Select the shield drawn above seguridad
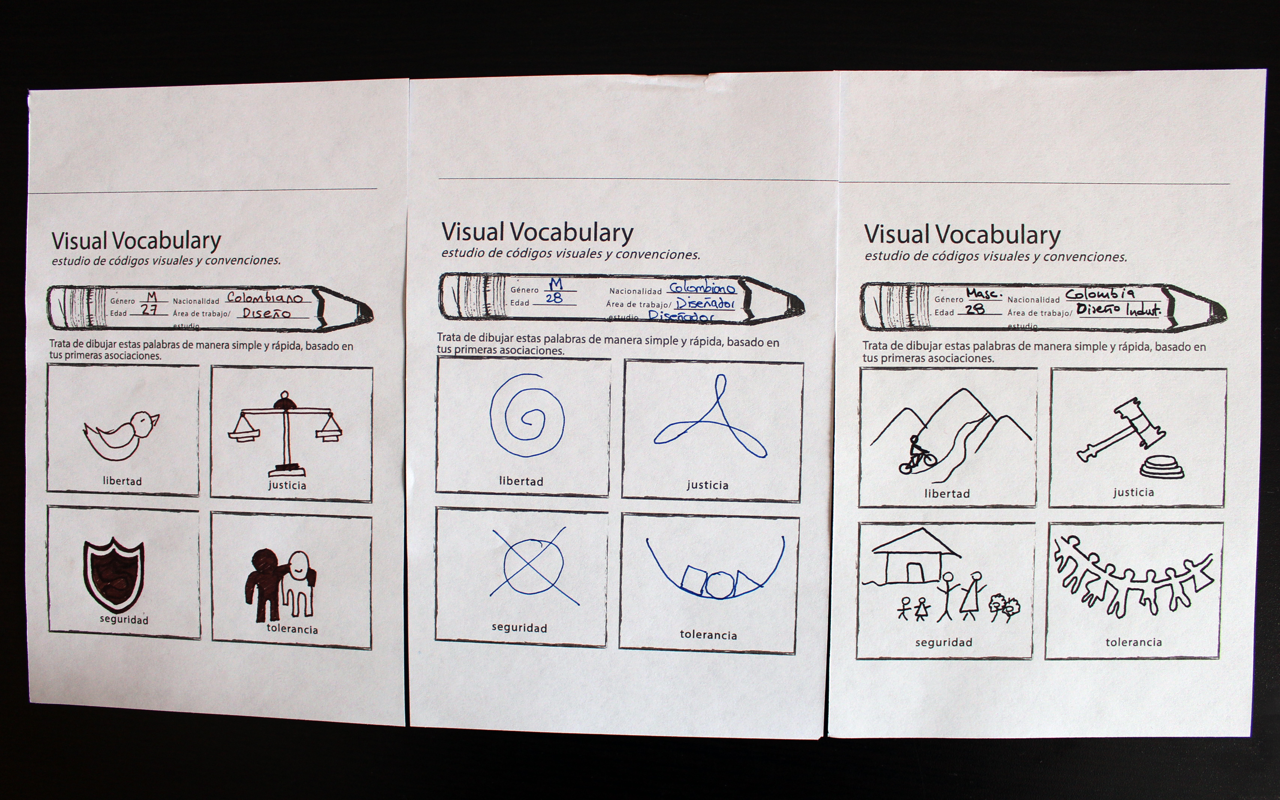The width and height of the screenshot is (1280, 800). pos(113,575)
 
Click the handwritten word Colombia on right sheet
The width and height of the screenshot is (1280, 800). pos(1100,294)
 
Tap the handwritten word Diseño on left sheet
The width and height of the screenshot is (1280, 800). pos(266,313)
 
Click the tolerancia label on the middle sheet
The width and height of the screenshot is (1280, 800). pos(708,635)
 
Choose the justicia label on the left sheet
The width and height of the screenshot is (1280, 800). pos(287,485)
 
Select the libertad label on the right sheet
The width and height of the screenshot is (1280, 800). pos(947,494)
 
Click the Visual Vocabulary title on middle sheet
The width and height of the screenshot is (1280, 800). pos(537,233)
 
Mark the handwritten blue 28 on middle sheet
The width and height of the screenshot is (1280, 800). pos(554,299)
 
